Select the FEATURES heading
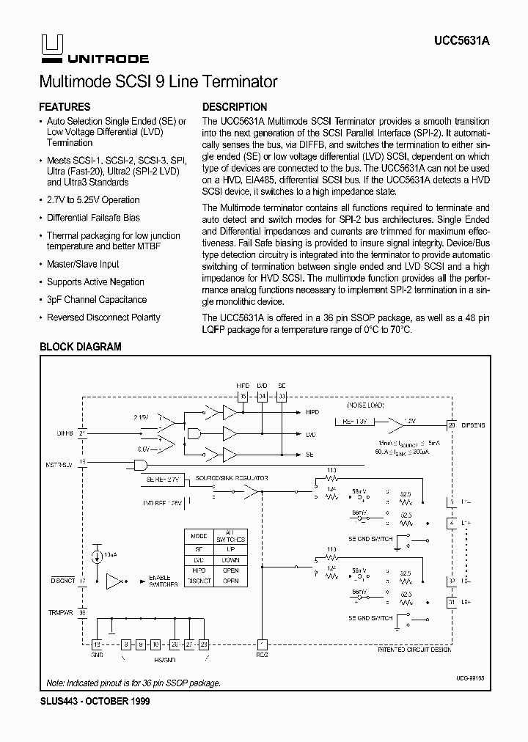pyautogui.click(x=65, y=107)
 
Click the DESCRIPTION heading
pyautogui.click(x=235, y=107)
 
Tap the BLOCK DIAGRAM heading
pyautogui.click(x=80, y=347)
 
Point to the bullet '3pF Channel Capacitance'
pyautogui.click(x=97, y=300)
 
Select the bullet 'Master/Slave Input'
pyautogui.click(x=83, y=265)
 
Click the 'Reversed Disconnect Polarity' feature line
pyautogui.click(x=103, y=317)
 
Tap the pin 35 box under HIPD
pyautogui.click(x=243, y=397)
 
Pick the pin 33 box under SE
pyautogui.click(x=282, y=397)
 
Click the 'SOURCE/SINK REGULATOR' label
pyautogui.click(x=238, y=478)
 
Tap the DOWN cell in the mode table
pyautogui.click(x=230, y=559)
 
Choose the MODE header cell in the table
pyautogui.click(x=199, y=537)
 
